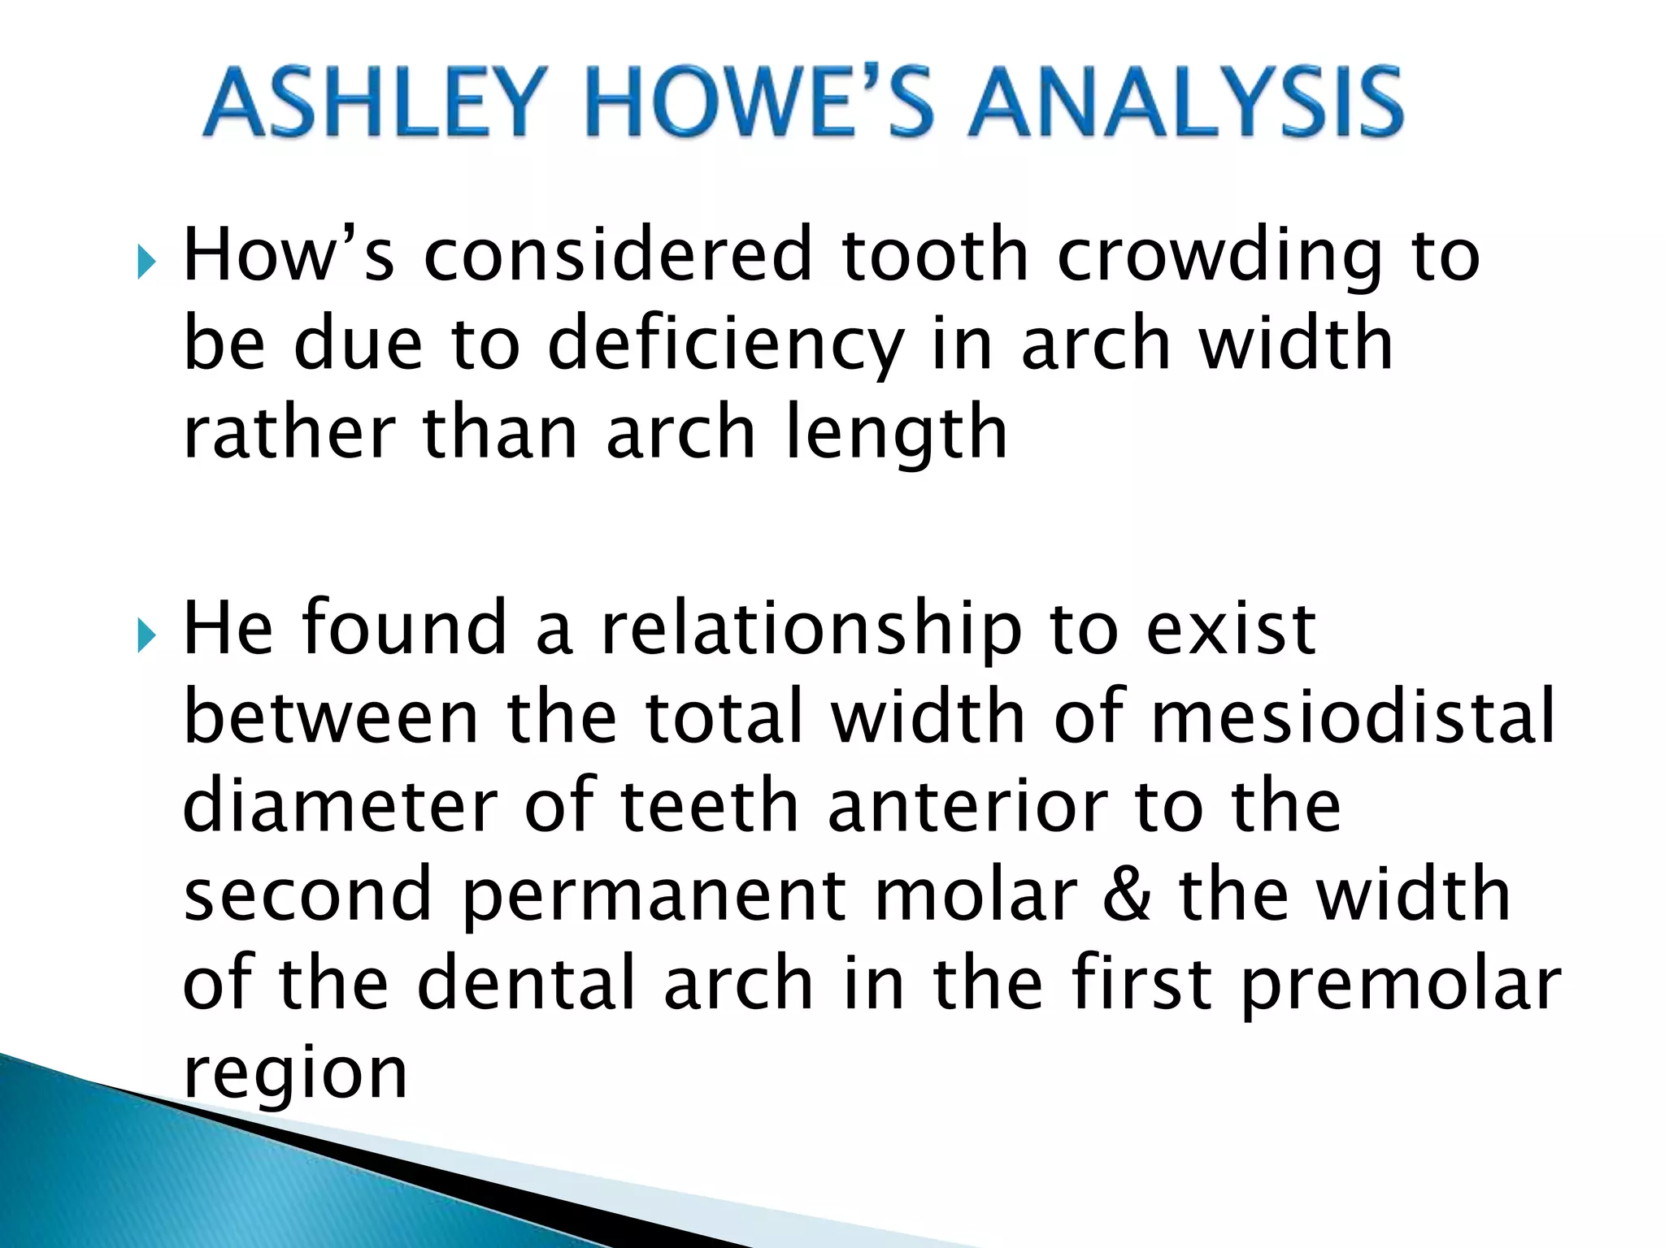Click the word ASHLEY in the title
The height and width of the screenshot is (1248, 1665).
click(x=370, y=103)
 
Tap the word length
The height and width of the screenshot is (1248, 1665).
click(x=896, y=434)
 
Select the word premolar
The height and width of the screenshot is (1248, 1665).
click(x=1401, y=986)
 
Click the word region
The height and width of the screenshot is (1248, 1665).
click(x=295, y=1075)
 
